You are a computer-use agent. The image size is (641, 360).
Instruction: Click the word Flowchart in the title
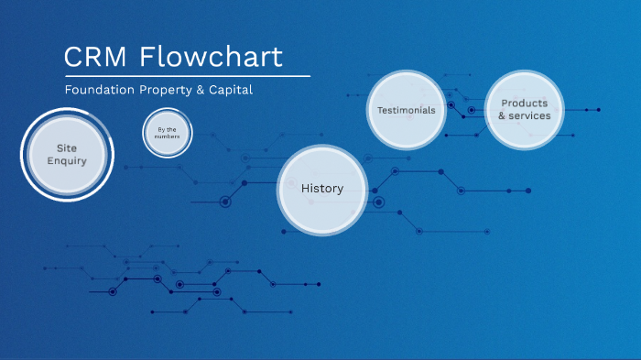pyautogui.click(x=212, y=57)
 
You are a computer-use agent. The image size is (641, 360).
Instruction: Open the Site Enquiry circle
pyautogui.click(x=67, y=154)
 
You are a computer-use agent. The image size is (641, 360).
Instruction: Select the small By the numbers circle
pyautogui.click(x=168, y=133)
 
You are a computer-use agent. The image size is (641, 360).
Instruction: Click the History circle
pyautogui.click(x=322, y=189)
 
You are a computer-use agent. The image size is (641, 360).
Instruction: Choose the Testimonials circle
pyautogui.click(x=406, y=110)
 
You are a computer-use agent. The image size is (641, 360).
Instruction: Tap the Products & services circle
pyautogui.click(x=524, y=110)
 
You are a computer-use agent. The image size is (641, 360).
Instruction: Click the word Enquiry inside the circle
pyautogui.click(x=67, y=161)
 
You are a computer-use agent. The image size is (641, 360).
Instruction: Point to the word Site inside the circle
pyautogui.click(x=67, y=147)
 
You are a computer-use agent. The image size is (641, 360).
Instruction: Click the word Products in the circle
pyautogui.click(x=525, y=104)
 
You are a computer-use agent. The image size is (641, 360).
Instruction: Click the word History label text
pyautogui.click(x=322, y=189)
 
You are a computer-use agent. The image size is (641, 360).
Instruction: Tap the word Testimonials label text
pyautogui.click(x=406, y=110)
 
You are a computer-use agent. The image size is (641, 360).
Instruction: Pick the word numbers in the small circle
pyautogui.click(x=168, y=136)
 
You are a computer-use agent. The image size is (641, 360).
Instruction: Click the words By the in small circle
pyautogui.click(x=168, y=129)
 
